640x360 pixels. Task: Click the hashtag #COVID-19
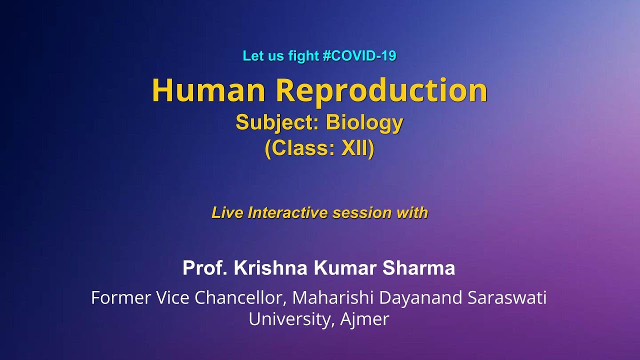point(359,56)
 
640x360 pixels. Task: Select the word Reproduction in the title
point(381,90)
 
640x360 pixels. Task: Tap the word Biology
point(364,122)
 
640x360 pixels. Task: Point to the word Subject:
point(277,122)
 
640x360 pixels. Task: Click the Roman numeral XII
point(357,149)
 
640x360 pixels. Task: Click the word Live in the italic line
point(227,212)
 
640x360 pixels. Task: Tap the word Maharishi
point(333,298)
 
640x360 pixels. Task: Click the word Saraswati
point(507,298)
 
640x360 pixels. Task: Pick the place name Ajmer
point(364,319)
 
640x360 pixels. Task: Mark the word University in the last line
point(290,319)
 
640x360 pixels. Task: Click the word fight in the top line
point(304,56)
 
